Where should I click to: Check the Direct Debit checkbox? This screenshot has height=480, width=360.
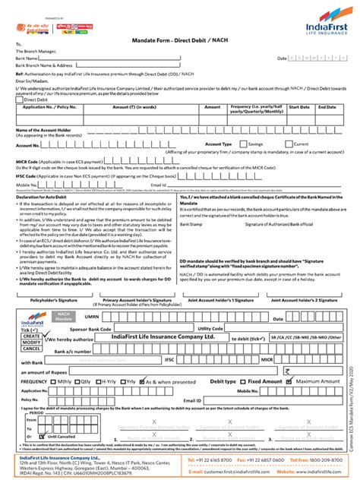pyautogui.click(x=21, y=99)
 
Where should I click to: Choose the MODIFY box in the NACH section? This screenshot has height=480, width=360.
pyautogui.click(x=30, y=343)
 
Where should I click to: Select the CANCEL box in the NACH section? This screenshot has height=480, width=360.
pyautogui.click(x=30, y=350)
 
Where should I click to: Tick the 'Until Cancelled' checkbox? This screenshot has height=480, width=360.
pyautogui.click(x=32, y=436)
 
